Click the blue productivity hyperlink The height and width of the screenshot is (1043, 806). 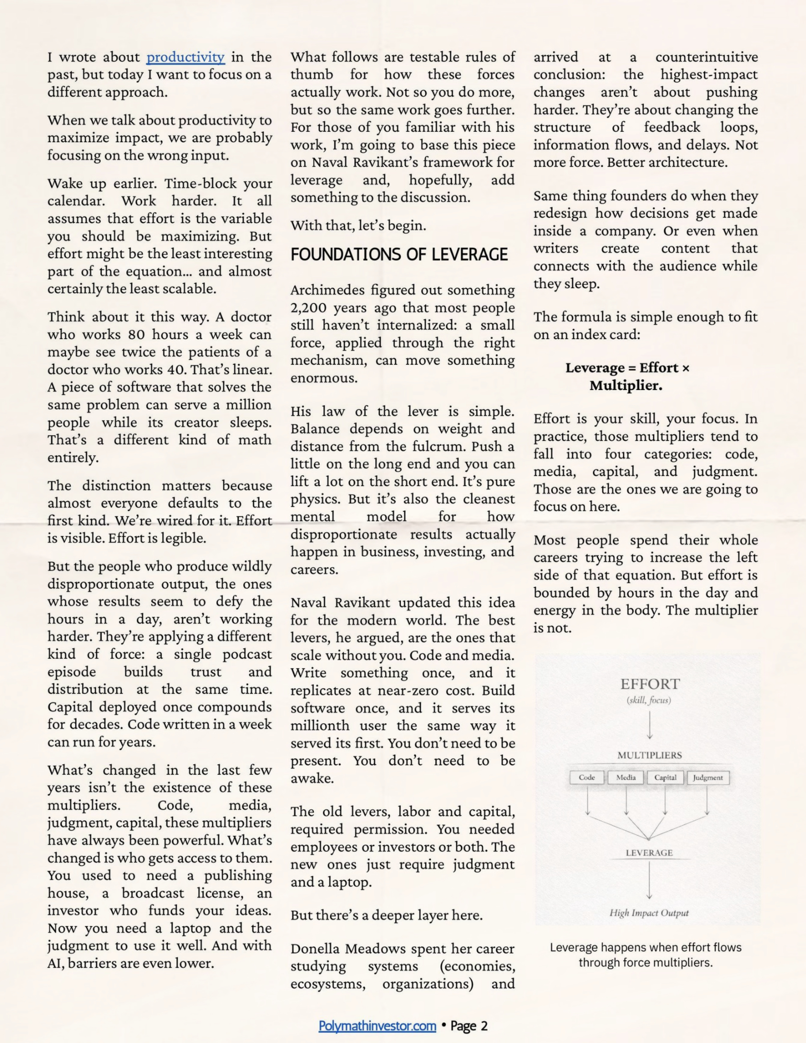pyautogui.click(x=185, y=57)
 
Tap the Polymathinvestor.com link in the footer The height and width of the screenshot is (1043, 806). pyautogui.click(x=377, y=1026)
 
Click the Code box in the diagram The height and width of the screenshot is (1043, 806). pyautogui.click(x=587, y=777)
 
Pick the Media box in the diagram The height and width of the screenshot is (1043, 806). pyautogui.click(x=626, y=777)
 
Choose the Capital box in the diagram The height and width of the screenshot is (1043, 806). pyautogui.click(x=665, y=777)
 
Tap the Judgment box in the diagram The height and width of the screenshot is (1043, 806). pyautogui.click(x=708, y=777)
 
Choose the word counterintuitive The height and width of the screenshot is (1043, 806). pyautogui.click(x=706, y=57)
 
